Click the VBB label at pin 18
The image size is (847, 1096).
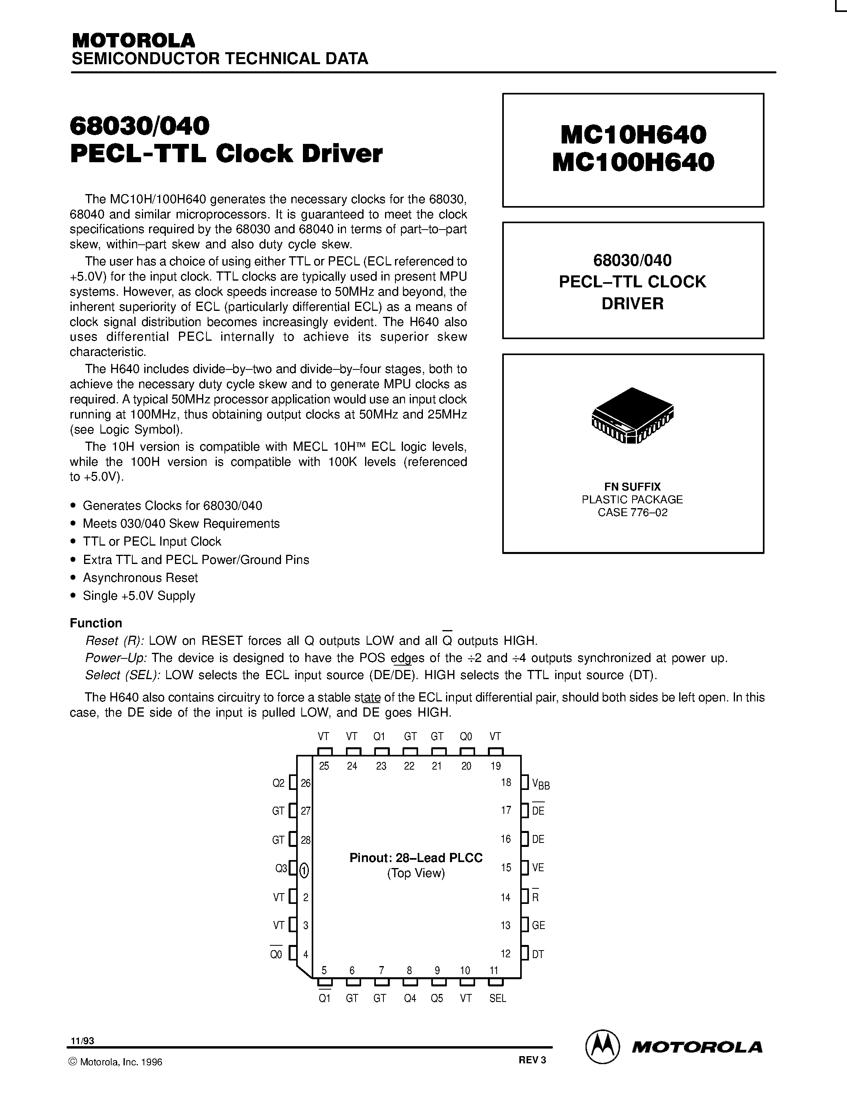pyautogui.click(x=540, y=784)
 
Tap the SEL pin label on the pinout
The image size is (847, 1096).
pyautogui.click(x=498, y=999)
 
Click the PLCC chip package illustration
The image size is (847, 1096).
pyautogui.click(x=633, y=416)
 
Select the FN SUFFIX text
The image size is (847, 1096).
pyautogui.click(x=632, y=486)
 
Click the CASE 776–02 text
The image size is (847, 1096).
pyautogui.click(x=632, y=513)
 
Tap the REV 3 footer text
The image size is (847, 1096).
pyautogui.click(x=532, y=1060)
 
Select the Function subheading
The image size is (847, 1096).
pyautogui.click(x=96, y=623)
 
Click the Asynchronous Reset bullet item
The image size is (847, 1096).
pyautogui.click(x=140, y=577)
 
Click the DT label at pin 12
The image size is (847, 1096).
pyautogui.click(x=538, y=955)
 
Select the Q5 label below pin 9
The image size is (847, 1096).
pyautogui.click(x=437, y=999)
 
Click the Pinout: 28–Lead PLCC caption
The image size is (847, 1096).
pyautogui.click(x=416, y=858)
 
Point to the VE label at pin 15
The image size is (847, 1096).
pyautogui.click(x=538, y=868)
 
